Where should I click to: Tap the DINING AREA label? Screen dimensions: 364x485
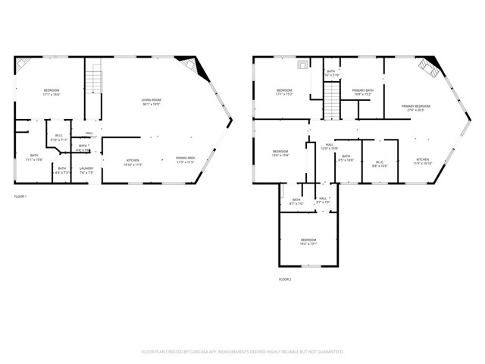(x=186, y=160)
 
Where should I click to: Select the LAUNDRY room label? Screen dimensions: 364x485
(x=86, y=171)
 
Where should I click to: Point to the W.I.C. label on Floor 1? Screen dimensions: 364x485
(x=59, y=138)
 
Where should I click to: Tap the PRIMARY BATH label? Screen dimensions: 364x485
(x=362, y=93)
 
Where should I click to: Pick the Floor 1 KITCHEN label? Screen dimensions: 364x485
(x=133, y=162)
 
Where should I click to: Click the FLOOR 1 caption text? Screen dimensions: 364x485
(x=20, y=196)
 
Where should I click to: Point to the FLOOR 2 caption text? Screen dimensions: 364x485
(x=284, y=279)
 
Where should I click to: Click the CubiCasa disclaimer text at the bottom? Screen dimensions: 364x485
(x=242, y=352)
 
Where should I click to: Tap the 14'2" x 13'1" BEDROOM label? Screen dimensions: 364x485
(x=307, y=241)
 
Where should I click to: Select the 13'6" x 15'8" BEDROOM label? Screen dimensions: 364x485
(x=280, y=153)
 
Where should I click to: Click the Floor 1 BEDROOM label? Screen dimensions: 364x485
(x=51, y=93)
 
